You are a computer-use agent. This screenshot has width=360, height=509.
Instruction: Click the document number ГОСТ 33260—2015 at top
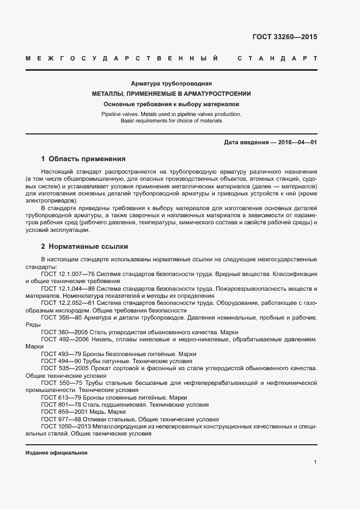point(284,38)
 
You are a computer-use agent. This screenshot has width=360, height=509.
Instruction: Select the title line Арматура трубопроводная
point(171,84)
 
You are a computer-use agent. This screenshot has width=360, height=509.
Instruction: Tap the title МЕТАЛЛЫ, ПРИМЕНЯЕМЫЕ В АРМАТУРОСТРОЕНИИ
point(171,94)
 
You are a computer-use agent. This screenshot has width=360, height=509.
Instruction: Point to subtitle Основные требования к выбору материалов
point(171,103)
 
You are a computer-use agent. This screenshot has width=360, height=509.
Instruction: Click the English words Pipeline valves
point(120,114)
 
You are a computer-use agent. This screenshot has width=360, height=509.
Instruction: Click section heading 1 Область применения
point(83,160)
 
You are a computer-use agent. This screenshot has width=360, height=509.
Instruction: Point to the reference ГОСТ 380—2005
point(63,332)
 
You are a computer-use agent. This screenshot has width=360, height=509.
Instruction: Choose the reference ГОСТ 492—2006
point(63,340)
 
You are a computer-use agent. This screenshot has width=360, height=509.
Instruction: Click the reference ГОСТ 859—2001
point(63,412)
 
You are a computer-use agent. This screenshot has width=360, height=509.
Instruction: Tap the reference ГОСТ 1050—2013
point(65,427)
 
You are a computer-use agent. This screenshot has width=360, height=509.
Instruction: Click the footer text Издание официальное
point(57,453)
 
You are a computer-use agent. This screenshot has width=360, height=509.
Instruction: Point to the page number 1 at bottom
point(315,462)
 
